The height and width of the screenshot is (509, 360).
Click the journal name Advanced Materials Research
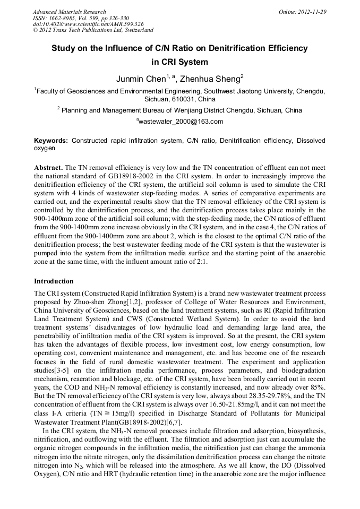tap(69, 12)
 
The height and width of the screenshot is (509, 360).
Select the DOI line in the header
tap(88, 24)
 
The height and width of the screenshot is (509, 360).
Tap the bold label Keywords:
tap(51, 141)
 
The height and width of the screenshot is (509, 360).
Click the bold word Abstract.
tap(49, 167)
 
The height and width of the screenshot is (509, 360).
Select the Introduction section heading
tap(54, 281)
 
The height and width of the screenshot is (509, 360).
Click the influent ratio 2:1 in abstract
tap(231, 261)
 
